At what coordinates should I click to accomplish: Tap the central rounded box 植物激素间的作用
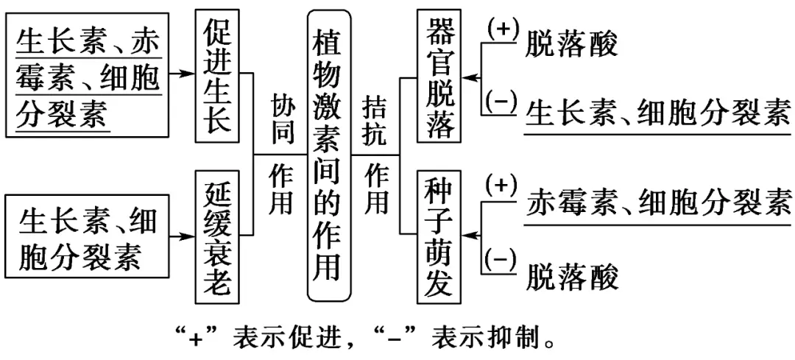click(328, 155)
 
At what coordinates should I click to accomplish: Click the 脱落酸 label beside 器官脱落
click(571, 46)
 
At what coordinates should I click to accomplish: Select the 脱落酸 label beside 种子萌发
click(571, 276)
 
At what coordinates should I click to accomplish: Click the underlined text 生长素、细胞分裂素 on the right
click(657, 114)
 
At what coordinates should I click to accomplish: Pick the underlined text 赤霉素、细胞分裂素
click(657, 200)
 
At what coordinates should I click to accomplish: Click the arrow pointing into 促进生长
click(180, 74)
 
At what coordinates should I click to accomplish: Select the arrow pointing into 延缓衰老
click(180, 236)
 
